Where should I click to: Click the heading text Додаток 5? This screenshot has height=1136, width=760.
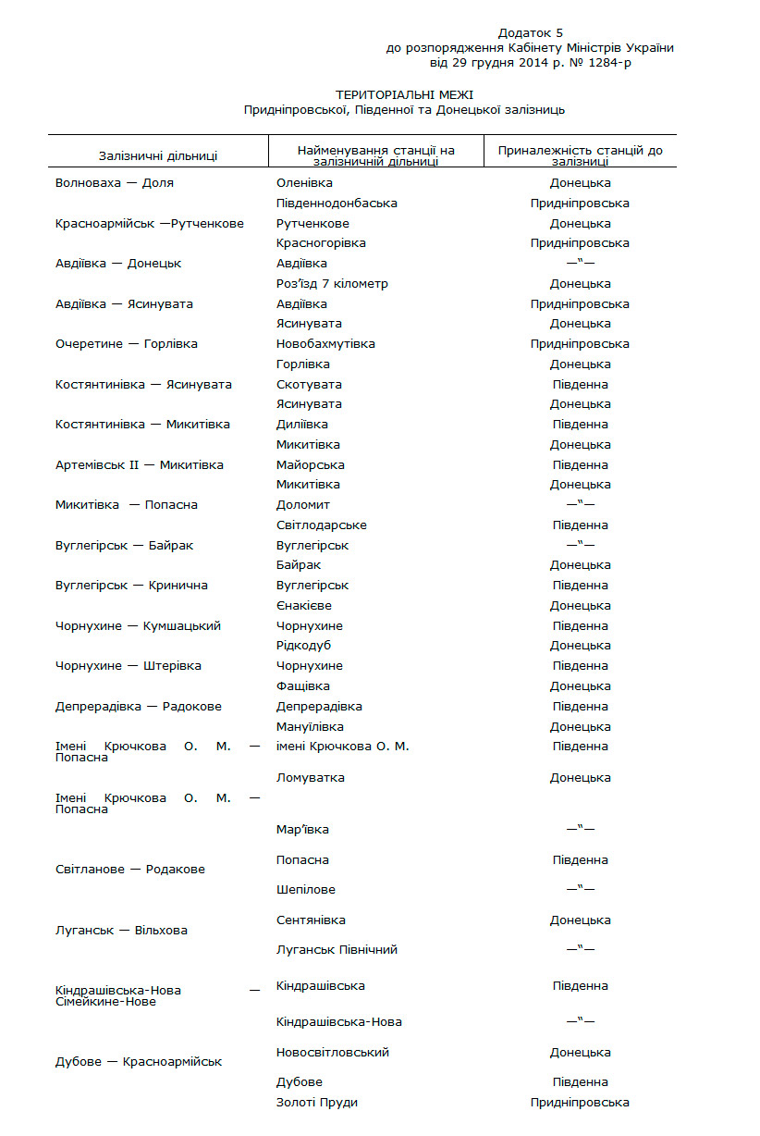(x=530, y=33)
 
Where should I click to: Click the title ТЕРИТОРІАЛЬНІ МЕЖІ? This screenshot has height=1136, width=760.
(x=404, y=95)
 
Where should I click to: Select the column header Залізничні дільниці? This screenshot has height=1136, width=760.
(x=158, y=156)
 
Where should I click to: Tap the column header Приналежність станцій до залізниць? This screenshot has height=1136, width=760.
(x=580, y=155)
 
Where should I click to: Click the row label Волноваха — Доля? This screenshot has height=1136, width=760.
(x=115, y=183)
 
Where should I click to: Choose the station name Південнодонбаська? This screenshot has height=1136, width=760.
(x=337, y=204)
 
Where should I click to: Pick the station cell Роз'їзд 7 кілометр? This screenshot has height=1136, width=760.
(x=332, y=284)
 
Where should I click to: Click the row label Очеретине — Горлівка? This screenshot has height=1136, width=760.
(x=127, y=344)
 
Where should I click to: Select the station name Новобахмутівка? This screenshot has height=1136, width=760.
(x=325, y=344)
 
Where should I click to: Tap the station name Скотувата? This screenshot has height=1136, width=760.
(x=309, y=385)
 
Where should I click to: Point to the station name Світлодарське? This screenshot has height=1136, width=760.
(x=321, y=525)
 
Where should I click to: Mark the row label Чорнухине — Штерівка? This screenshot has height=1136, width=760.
(x=129, y=666)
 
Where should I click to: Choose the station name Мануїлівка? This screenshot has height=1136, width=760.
(x=310, y=727)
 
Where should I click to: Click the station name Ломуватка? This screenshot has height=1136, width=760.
(x=310, y=778)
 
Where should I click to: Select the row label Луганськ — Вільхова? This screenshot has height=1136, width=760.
(x=121, y=931)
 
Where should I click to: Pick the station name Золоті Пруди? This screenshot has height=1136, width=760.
(x=316, y=1103)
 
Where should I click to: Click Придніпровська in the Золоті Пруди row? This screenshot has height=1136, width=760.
(x=580, y=1103)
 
